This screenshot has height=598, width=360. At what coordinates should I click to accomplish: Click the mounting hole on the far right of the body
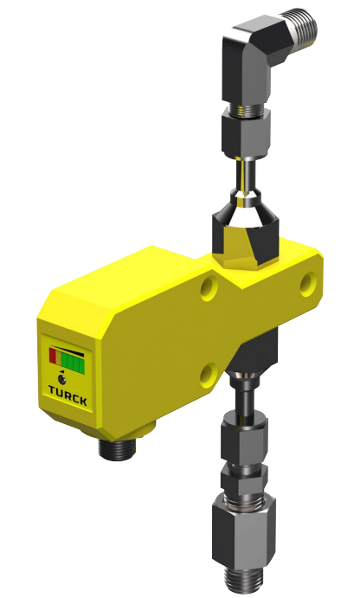point(309,281)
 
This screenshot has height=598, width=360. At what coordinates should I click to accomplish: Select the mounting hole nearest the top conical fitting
point(209,288)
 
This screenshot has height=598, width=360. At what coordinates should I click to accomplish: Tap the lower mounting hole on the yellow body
point(209,373)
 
